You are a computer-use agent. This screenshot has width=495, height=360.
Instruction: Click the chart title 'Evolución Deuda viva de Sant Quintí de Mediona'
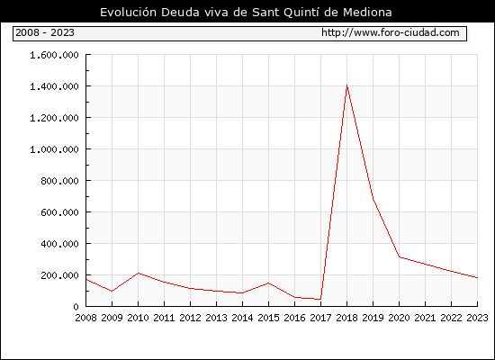246,13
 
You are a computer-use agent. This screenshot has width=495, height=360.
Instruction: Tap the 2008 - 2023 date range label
45,32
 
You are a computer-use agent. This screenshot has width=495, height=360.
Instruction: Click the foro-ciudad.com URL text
391,32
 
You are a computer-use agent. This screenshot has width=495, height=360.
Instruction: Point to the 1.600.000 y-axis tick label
54,55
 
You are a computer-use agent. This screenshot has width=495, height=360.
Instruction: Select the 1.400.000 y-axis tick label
54,86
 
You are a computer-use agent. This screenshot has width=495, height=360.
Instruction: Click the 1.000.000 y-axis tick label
54,149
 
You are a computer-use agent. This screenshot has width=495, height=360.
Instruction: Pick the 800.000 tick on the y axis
59,181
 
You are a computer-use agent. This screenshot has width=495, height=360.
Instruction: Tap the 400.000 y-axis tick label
59,244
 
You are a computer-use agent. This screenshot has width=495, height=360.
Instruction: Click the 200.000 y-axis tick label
59,275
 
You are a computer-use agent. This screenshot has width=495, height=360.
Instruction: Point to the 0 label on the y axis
76,307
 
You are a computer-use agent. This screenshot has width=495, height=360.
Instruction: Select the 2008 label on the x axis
85,318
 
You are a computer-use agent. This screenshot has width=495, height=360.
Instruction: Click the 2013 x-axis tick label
216,318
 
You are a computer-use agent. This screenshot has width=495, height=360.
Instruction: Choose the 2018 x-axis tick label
346,318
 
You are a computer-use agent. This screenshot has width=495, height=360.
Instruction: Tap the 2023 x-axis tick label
477,318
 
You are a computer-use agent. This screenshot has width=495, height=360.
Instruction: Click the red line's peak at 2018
346,85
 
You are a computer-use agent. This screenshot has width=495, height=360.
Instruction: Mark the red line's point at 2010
139,274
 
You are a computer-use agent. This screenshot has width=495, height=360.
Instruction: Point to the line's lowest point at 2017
320,299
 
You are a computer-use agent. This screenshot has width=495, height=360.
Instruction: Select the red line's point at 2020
400,257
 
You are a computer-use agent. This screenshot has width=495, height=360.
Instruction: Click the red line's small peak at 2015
269,283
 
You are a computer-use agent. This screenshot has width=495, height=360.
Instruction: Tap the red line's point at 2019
373,199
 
